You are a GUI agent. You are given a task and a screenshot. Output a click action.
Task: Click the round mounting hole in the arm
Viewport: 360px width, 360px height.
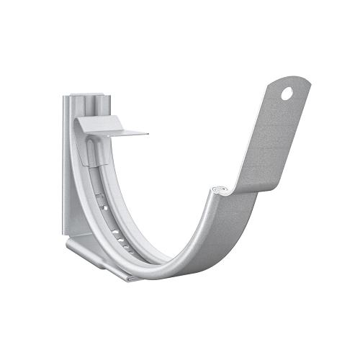287,93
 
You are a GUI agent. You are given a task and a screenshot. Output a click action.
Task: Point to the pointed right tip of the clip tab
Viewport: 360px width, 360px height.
147,133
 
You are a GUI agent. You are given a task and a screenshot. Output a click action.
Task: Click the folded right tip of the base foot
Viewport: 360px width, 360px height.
133,276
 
